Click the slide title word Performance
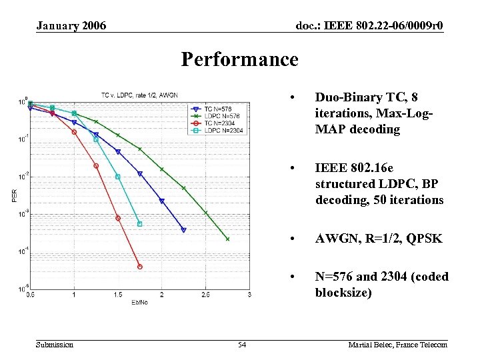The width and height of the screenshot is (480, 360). (x=239, y=60)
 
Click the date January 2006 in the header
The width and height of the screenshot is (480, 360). (x=71, y=26)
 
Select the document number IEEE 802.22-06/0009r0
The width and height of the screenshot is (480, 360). (x=369, y=26)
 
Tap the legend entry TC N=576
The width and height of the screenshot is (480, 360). (x=219, y=109)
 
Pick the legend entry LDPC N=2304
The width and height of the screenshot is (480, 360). (x=223, y=130)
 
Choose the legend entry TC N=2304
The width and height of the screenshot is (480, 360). (x=221, y=123)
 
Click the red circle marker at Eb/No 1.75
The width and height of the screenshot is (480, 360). (x=140, y=267)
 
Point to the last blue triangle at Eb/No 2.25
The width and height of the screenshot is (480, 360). (x=183, y=230)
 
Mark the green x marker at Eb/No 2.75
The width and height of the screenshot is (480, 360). (x=227, y=239)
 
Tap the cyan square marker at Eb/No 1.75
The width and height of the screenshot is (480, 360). (x=140, y=224)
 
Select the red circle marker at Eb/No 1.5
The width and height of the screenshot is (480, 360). (x=118, y=218)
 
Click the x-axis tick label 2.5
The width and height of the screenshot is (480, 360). (x=205, y=295)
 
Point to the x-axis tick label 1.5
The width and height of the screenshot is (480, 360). (x=118, y=295)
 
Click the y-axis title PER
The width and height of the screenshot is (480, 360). (x=14, y=195)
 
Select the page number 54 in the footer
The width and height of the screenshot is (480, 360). (x=242, y=344)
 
